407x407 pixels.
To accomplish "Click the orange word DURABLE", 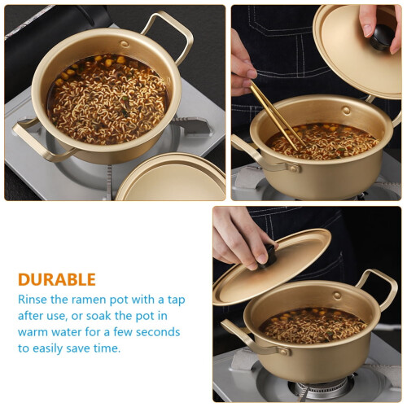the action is (x=57, y=279).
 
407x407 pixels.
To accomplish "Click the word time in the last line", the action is (x=107, y=348).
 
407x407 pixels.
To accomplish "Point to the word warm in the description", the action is (x=33, y=332).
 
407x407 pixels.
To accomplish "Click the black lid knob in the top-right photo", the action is (x=383, y=37).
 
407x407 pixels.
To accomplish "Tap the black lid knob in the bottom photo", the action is (x=268, y=256).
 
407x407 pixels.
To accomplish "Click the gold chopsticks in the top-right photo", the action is (x=277, y=116).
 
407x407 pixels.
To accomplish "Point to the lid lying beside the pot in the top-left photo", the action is (x=172, y=177).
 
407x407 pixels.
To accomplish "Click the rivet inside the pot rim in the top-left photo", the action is (x=125, y=44).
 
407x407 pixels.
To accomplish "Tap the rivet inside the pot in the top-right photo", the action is (x=346, y=110).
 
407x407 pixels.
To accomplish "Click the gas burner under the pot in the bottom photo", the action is (x=320, y=388).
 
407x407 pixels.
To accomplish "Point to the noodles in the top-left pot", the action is (x=108, y=100).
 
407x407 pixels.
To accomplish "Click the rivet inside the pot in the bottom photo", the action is (x=337, y=295).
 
